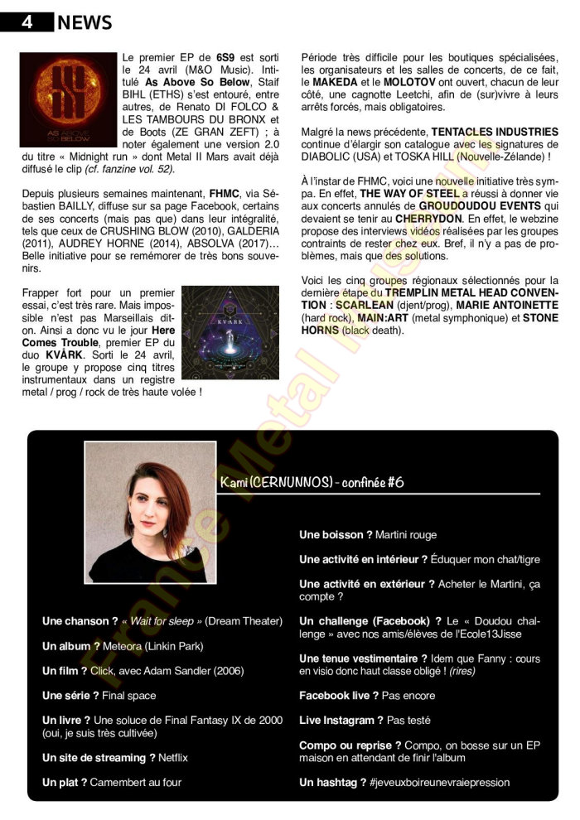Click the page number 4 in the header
(27, 22)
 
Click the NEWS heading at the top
(85, 23)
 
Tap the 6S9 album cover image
(68, 99)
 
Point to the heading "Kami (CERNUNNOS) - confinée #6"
(312, 483)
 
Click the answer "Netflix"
(174, 758)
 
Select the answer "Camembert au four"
(136, 783)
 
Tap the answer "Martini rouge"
(406, 535)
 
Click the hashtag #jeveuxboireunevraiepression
(440, 783)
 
